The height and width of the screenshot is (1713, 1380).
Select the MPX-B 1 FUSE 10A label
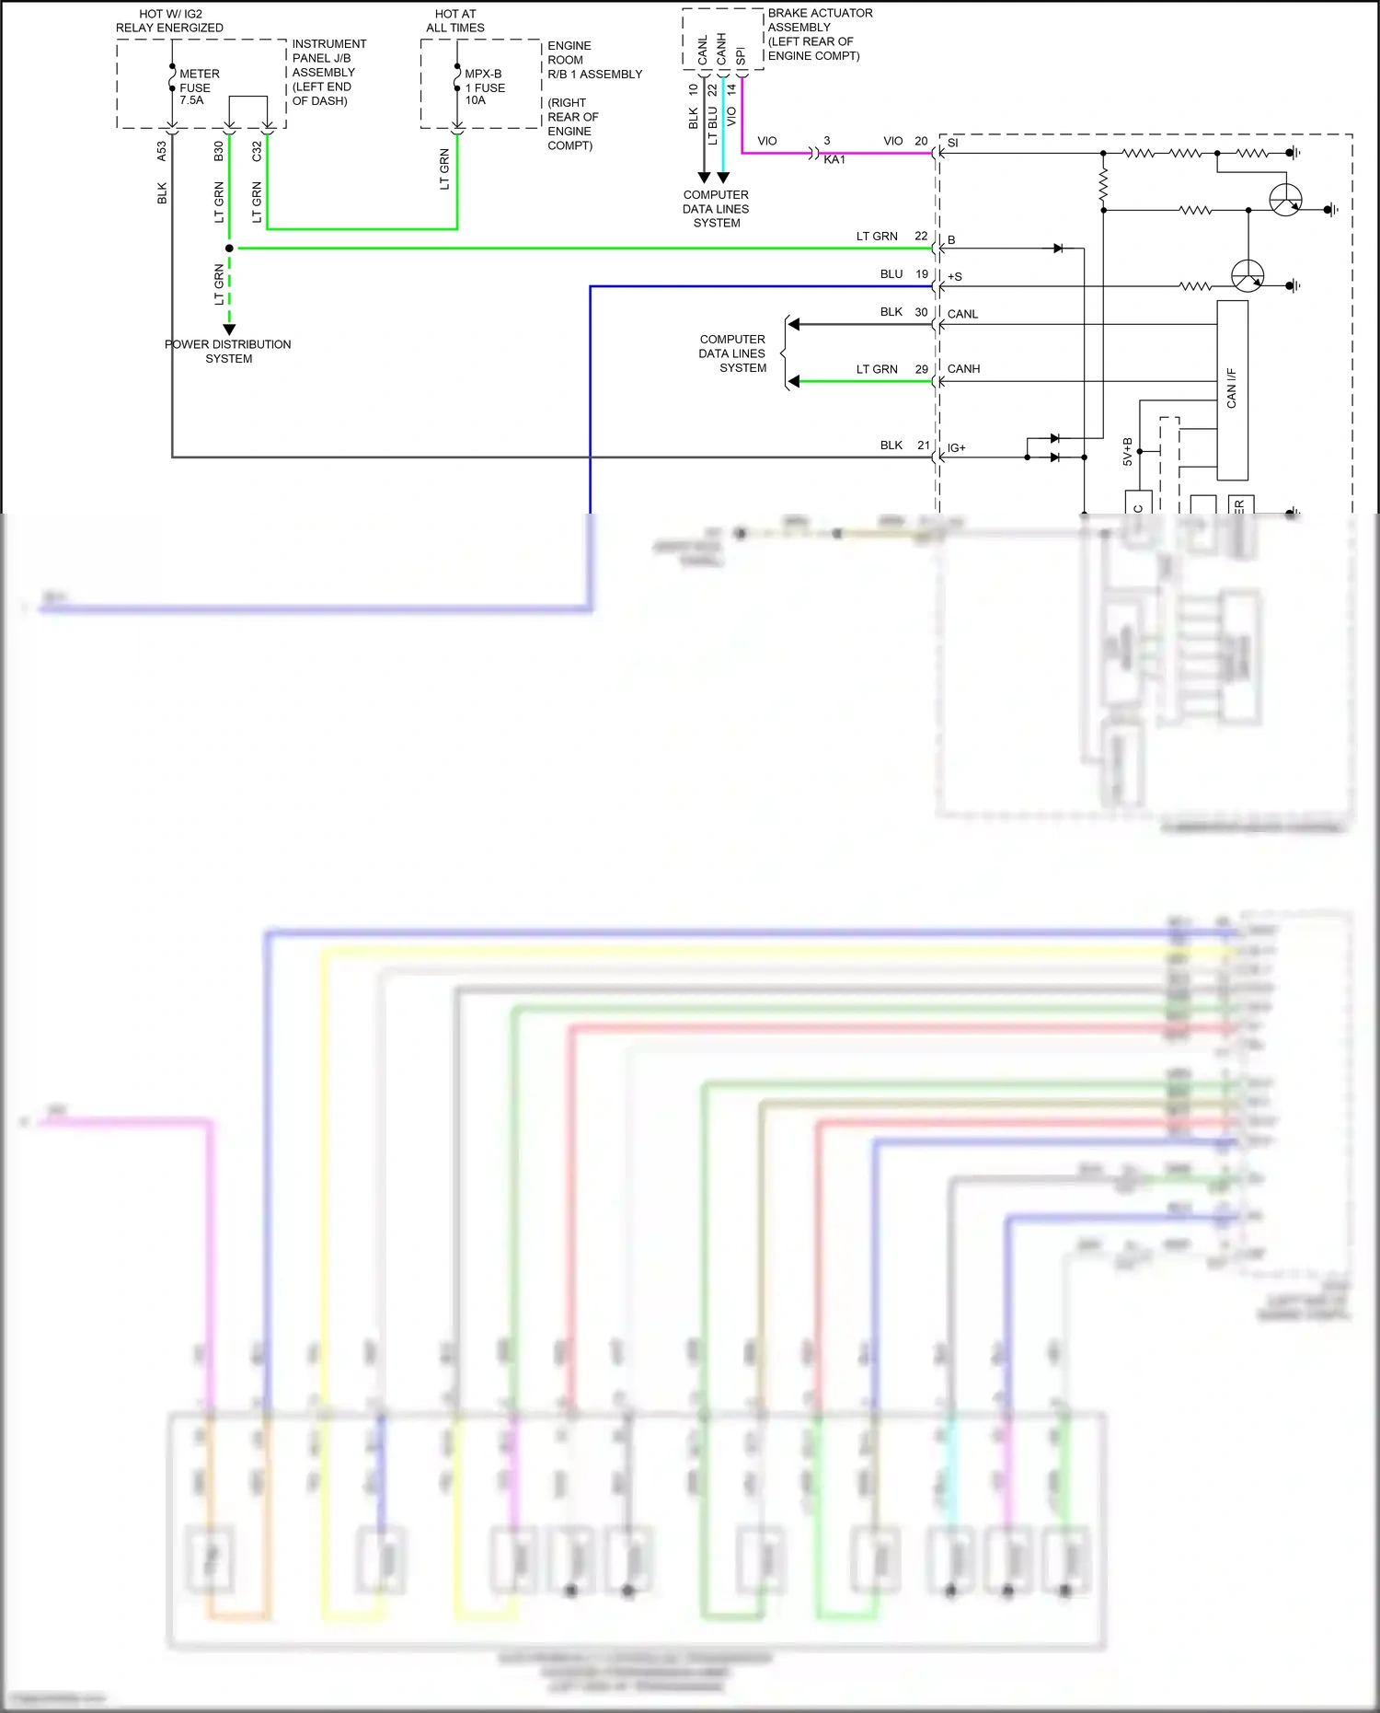[x=484, y=87]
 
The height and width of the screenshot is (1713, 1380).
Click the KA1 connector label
[x=834, y=160]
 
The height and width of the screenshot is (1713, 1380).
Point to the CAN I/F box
[x=1232, y=389]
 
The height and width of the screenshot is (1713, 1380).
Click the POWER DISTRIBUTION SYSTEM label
[x=228, y=352]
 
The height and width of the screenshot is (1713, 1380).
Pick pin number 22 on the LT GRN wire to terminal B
[x=921, y=237]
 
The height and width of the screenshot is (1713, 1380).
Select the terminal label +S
[x=954, y=277]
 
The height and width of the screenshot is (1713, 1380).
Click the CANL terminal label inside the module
[x=962, y=315]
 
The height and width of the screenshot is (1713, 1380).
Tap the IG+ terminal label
[x=956, y=448]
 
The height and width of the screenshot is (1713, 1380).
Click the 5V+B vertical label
[x=1127, y=451]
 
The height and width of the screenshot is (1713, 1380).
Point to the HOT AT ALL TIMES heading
[x=455, y=21]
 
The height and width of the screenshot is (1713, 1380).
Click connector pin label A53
[x=162, y=151]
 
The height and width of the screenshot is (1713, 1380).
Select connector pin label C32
[x=257, y=151]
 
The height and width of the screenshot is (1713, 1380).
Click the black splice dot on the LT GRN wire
[x=229, y=249]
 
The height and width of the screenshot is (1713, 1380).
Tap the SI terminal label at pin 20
[x=952, y=144]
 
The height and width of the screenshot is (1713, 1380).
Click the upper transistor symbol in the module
[x=1285, y=200]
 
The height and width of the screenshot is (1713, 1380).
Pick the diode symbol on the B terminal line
[x=1058, y=249]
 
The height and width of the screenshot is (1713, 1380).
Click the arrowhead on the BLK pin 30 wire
[x=794, y=324]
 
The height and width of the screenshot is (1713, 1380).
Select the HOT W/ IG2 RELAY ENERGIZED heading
[x=169, y=21]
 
